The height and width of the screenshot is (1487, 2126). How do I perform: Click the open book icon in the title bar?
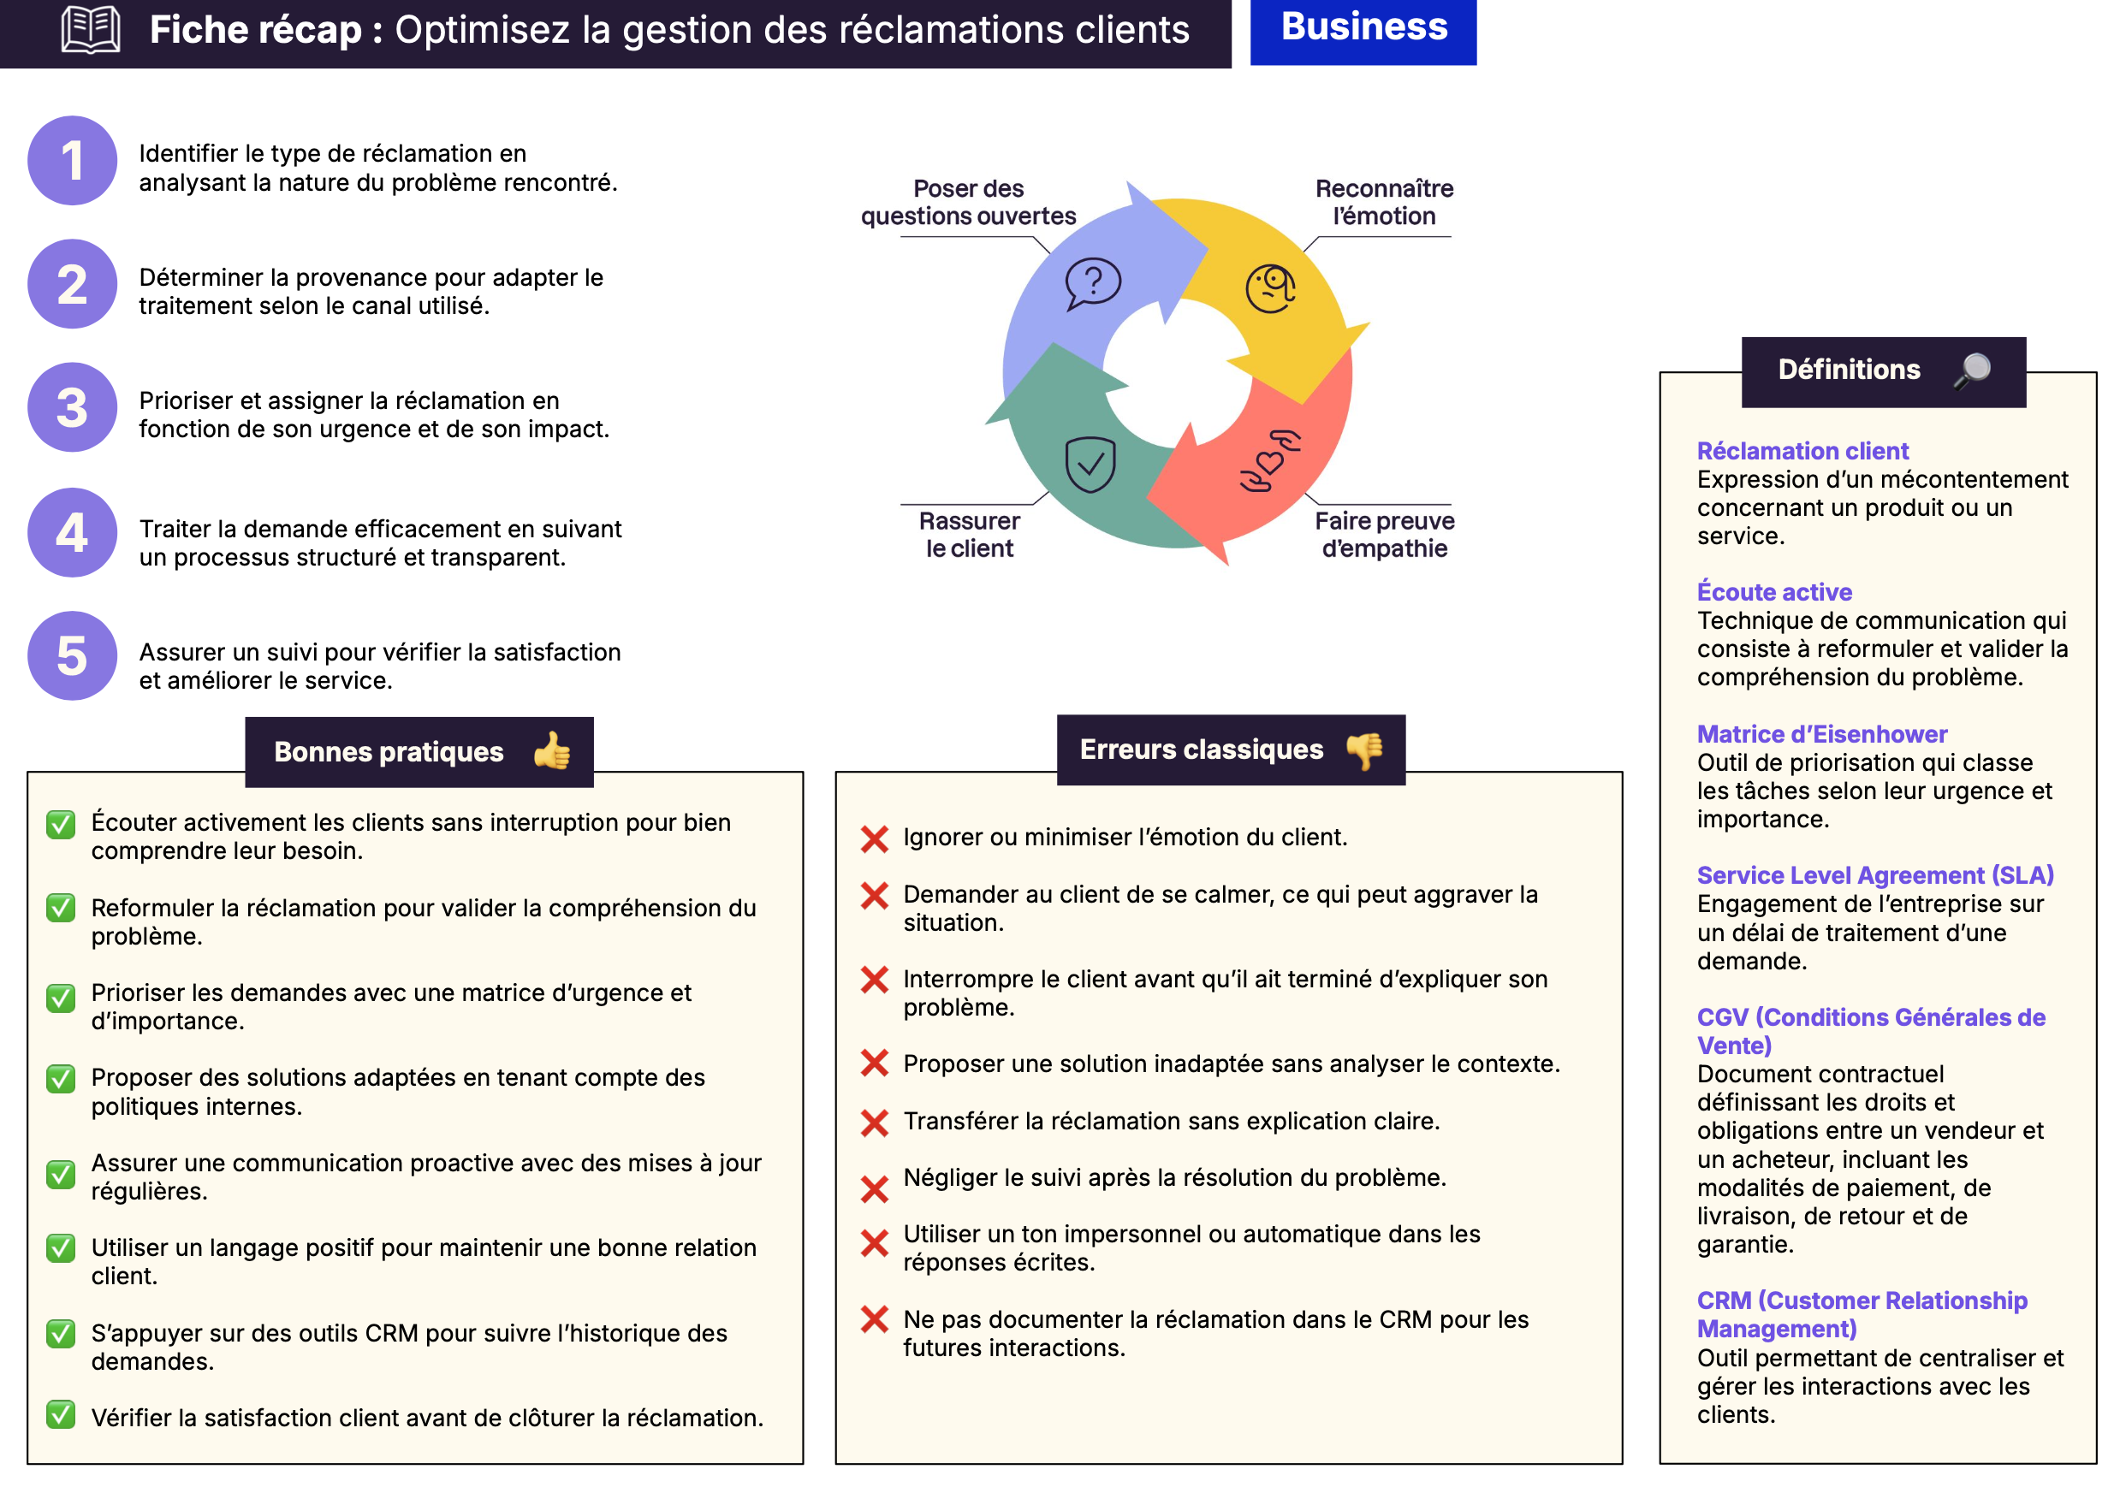click(90, 30)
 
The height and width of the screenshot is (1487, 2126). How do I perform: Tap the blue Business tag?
click(1363, 27)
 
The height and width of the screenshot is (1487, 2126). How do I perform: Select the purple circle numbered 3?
click(72, 407)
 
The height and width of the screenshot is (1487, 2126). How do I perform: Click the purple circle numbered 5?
click(72, 655)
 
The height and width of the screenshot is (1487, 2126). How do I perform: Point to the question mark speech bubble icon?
click(1093, 282)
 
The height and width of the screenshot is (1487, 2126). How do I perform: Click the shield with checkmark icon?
click(1090, 464)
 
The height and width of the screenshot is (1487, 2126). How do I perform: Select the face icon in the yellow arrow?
click(1270, 288)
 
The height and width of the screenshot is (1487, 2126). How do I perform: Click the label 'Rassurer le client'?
click(969, 534)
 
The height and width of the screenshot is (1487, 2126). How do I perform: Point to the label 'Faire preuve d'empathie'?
click(1384, 534)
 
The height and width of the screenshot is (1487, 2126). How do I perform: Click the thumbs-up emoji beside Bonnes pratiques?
click(553, 751)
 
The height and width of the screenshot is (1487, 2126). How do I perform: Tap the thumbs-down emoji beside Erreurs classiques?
click(1365, 749)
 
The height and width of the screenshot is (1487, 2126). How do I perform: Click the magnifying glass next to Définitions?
click(1972, 370)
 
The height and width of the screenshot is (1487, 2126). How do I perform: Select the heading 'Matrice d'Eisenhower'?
click(1821, 734)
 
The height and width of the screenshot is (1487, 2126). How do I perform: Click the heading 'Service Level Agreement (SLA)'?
click(1875, 875)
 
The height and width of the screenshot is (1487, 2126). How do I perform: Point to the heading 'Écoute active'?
click(1774, 592)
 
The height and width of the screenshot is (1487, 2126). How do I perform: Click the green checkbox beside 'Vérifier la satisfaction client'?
click(61, 1415)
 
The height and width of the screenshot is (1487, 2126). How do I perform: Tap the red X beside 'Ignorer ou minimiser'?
click(874, 838)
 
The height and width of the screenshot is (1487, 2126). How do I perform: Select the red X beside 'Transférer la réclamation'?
click(874, 1123)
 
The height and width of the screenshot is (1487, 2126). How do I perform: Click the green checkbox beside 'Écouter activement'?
click(61, 824)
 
